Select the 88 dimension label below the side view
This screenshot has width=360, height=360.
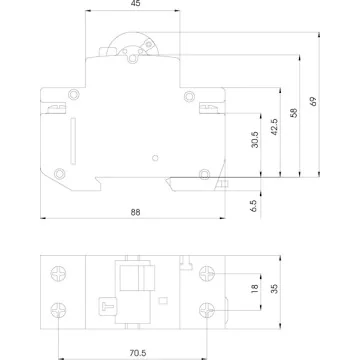coord(135,212)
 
